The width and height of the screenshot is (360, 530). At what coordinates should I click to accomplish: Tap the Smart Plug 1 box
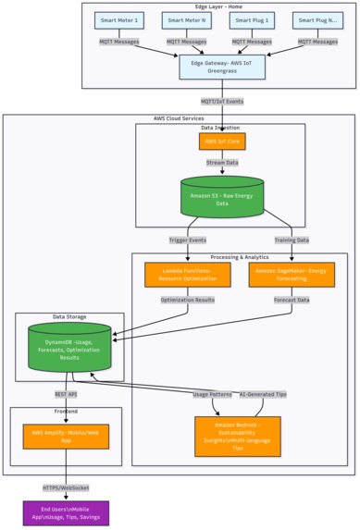point(251,19)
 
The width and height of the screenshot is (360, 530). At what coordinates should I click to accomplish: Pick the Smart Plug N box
point(317,19)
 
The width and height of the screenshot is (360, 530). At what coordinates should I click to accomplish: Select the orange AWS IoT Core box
point(221,141)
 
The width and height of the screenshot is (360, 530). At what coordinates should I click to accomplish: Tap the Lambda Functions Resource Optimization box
point(187,274)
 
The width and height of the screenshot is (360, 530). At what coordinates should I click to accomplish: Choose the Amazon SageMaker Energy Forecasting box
point(292,274)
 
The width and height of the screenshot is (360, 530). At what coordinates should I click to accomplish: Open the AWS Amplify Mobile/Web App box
point(66,436)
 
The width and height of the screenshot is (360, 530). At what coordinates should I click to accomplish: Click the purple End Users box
point(66,512)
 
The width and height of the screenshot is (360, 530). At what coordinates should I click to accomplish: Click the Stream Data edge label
point(221,162)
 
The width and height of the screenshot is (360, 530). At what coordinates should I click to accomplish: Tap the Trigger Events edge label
point(187,240)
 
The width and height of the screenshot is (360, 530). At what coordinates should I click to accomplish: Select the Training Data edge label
point(292,240)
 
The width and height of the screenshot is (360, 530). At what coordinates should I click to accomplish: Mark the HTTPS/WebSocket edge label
point(66,487)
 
